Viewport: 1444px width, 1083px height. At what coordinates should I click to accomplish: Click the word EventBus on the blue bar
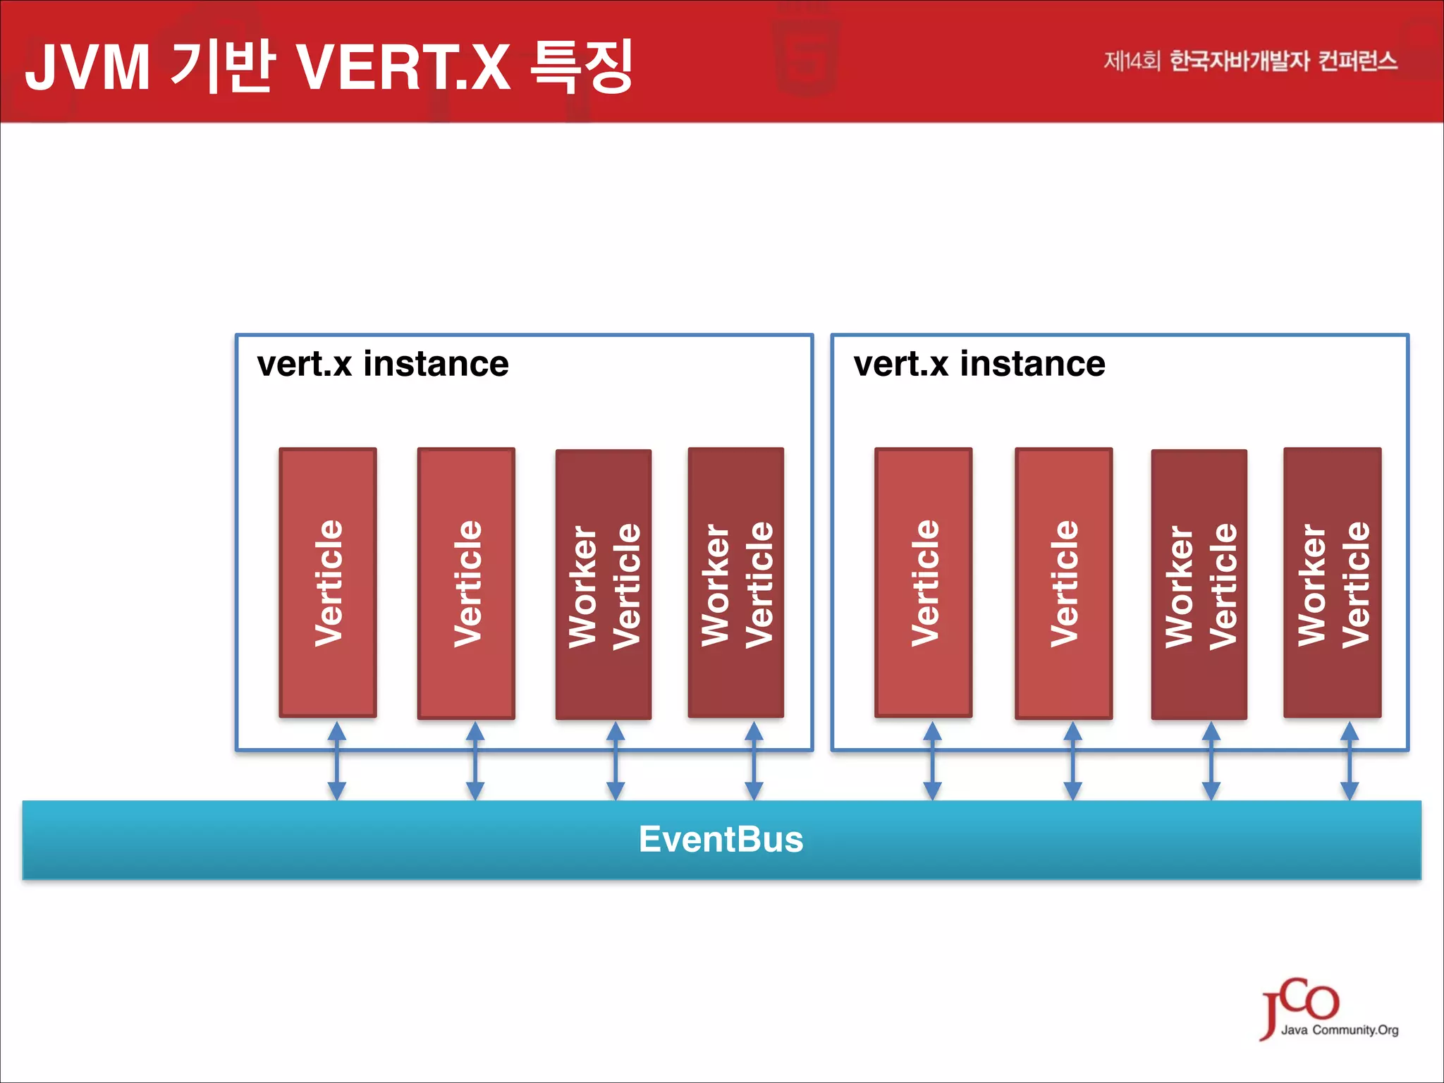(721, 840)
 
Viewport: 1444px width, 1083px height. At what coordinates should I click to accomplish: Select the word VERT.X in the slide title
(403, 68)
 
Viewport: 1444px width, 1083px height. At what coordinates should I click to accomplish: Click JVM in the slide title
(87, 68)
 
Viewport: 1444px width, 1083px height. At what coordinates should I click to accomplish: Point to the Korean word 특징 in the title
(582, 66)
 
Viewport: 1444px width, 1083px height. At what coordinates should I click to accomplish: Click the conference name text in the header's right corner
(1250, 61)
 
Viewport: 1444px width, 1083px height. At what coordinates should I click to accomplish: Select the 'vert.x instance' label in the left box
(382, 365)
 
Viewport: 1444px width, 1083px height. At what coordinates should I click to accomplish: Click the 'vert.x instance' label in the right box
(979, 365)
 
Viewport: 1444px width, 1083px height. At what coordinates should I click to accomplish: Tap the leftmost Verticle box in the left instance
(328, 583)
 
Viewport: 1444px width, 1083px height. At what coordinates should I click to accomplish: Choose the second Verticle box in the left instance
(466, 583)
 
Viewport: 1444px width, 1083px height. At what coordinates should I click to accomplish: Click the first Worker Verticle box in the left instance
(604, 585)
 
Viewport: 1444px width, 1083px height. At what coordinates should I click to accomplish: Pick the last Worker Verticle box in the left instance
(736, 583)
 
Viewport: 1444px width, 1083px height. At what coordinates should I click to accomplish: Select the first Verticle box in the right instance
(924, 583)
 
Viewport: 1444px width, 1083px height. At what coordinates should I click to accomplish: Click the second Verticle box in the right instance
(1063, 583)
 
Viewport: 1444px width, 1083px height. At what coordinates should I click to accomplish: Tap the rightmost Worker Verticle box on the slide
(1333, 583)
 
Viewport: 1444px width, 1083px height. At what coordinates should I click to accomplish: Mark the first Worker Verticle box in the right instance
(1199, 585)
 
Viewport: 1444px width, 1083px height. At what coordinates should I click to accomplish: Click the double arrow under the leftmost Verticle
(337, 761)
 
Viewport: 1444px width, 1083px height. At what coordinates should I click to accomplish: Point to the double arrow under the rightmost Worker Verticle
(1350, 761)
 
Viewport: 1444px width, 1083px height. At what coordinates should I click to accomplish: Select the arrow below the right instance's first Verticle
(932, 761)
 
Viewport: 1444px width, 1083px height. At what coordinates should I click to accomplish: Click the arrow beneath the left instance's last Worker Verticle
(754, 761)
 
